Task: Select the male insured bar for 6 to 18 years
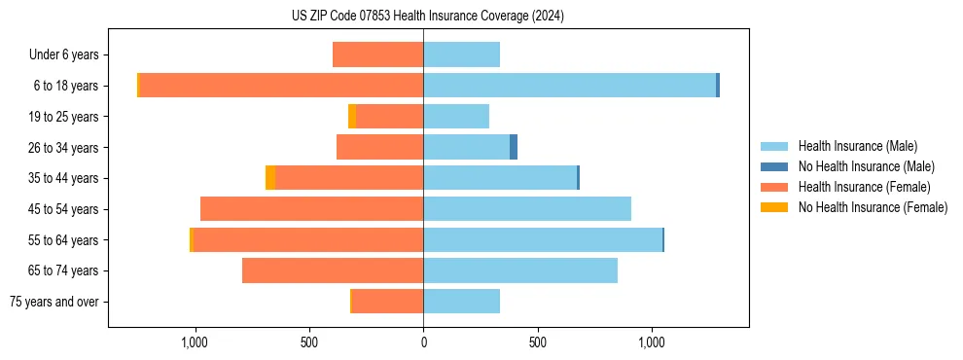[569, 86]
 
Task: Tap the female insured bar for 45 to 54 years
[311, 209]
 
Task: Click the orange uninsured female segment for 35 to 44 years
[270, 178]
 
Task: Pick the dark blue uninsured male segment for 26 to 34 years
[514, 147]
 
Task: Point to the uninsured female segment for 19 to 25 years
[352, 117]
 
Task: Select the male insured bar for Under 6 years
[461, 54]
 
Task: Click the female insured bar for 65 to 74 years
[333, 270]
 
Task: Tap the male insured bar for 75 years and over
[461, 302]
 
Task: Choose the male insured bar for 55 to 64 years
[543, 240]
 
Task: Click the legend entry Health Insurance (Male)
[855, 146]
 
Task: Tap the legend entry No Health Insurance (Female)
[872, 207]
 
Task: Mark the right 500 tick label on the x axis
[537, 342]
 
